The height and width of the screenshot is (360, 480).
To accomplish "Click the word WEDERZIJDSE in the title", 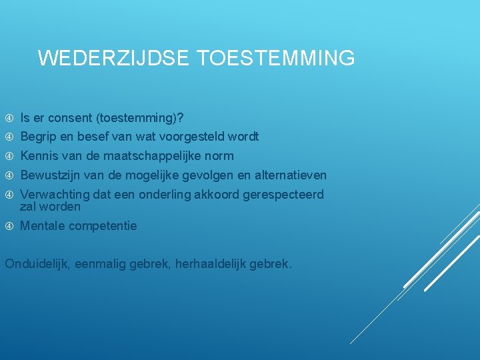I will click(115, 59).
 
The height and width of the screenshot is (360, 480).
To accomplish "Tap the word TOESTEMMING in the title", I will click(277, 59).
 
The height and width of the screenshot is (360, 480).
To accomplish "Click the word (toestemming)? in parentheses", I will click(140, 118).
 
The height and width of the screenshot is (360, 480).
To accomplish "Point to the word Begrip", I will click(37, 137).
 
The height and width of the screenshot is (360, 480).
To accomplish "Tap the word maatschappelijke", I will click(146, 156).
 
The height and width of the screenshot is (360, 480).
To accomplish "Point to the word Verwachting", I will click(55, 195).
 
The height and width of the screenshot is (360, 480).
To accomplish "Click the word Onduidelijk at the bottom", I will click(37, 264).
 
